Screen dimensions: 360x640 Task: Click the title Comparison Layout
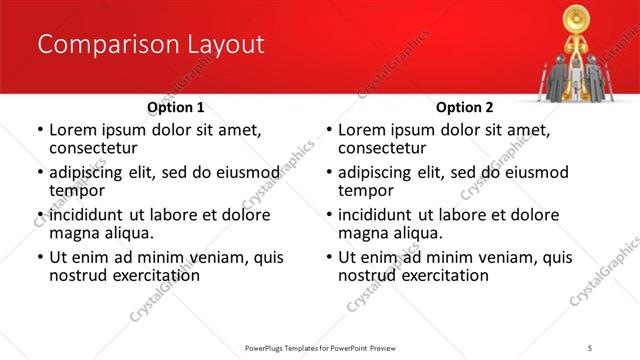pos(151,45)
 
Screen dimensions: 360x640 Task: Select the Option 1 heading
pos(176,107)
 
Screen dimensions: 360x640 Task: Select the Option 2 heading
pos(465,107)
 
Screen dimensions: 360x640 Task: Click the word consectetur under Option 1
pos(95,148)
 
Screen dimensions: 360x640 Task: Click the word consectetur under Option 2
pos(384,148)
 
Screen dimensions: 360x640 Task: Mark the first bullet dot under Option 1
pos(39,131)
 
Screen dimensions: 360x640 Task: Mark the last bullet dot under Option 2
pos(328,258)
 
